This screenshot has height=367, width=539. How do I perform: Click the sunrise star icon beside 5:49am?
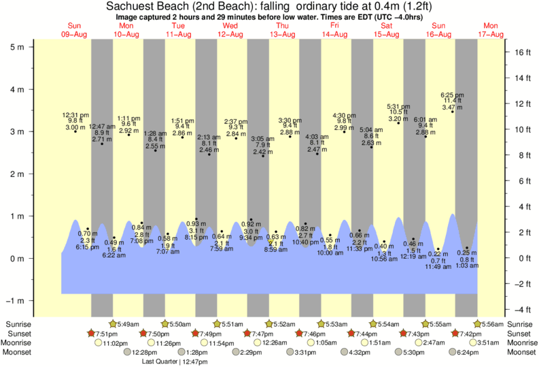point(113,323)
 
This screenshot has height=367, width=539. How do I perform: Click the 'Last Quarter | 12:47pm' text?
point(174,362)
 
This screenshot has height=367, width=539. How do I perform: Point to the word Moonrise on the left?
point(19,342)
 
